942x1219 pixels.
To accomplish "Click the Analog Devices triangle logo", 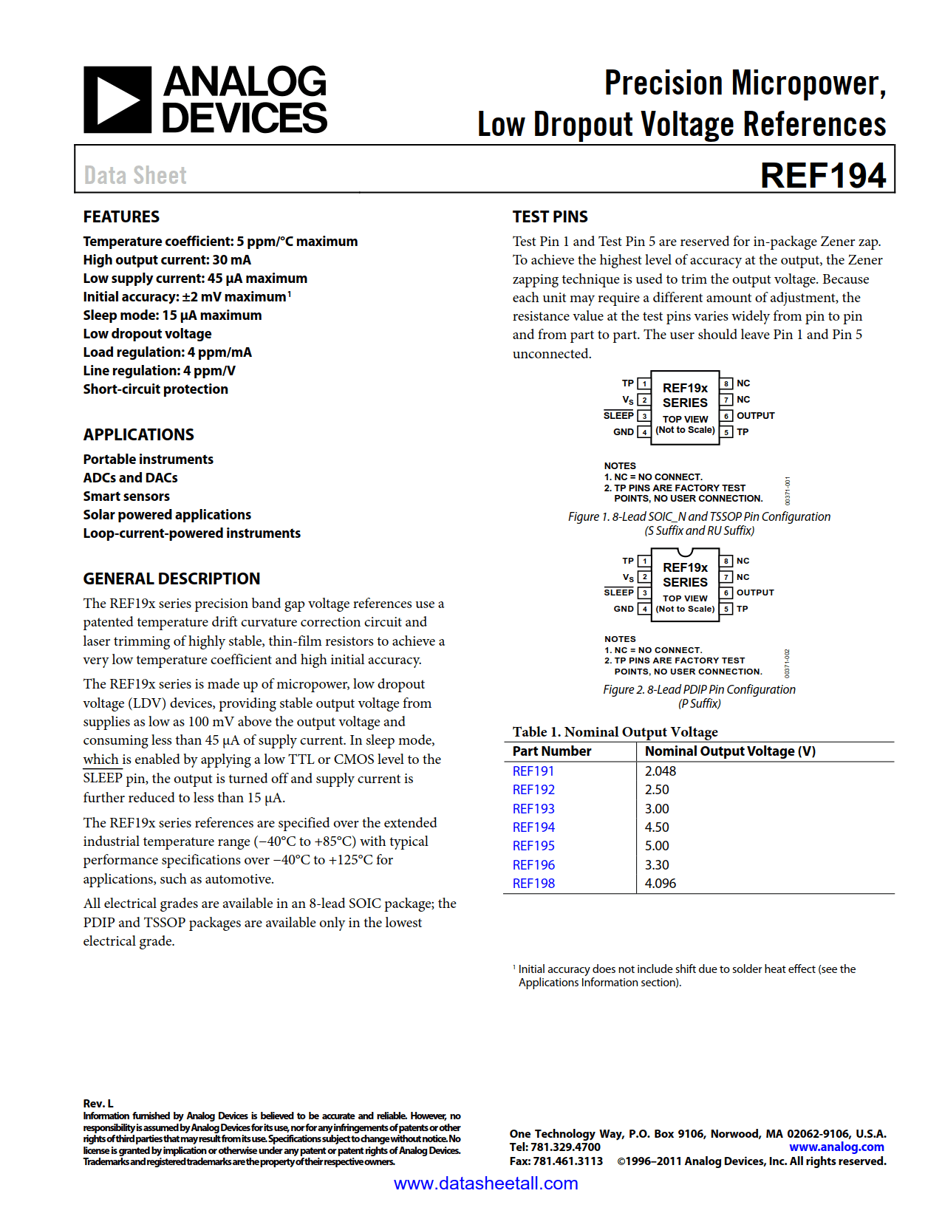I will pos(117,100).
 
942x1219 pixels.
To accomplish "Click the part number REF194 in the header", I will pos(822,176).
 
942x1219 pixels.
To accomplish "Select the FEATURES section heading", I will pos(121,216).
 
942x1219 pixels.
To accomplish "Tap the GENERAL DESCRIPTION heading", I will pos(171,578).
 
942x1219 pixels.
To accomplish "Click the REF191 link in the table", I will pos(533,771).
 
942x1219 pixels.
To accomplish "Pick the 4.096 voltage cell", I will pos(660,883).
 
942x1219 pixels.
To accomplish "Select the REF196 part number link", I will pos(533,864).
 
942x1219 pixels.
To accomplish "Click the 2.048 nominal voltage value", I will pos(660,771).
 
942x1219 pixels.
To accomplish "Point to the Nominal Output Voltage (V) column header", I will pos(730,751).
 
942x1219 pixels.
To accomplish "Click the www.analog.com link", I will pos(836,1147).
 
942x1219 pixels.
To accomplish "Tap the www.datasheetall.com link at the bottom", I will pos(485,1184).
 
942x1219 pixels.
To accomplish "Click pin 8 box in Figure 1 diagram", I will pos(727,383).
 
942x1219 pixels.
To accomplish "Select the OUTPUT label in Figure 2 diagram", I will pos(755,593).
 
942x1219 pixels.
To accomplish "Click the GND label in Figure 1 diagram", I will pos(623,432).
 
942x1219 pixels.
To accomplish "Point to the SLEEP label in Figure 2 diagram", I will pos(618,593).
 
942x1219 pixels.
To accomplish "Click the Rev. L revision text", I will pos(98,1103).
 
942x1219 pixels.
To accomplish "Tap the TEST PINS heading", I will pos(550,216).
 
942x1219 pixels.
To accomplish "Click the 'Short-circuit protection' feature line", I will pos(155,389).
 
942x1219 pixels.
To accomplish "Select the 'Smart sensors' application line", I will pos(126,496).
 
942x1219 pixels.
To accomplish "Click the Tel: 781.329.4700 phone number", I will pos(555,1147).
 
